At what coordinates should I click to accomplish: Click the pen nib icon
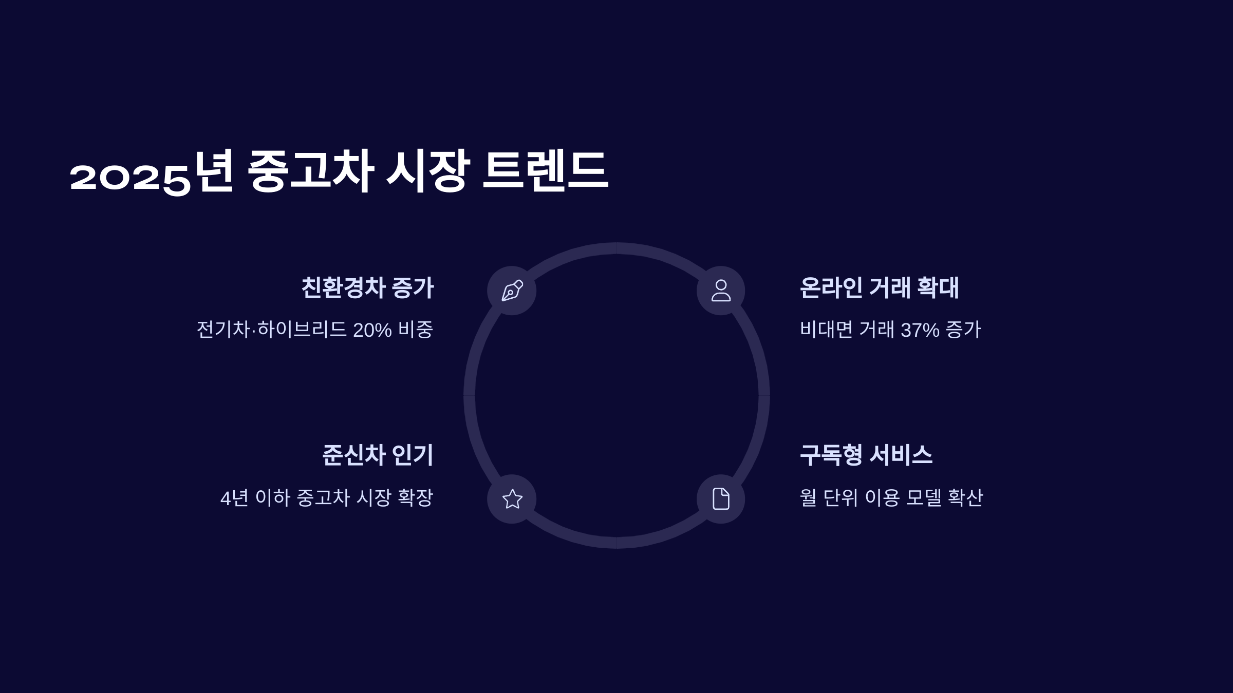pyautogui.click(x=512, y=291)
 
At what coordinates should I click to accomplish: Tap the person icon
pyautogui.click(x=721, y=291)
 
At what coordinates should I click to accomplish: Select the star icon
pyautogui.click(x=512, y=499)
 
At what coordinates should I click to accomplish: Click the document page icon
pyautogui.click(x=721, y=499)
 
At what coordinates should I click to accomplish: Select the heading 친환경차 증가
pyautogui.click(x=367, y=287)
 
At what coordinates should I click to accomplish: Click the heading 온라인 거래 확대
pyautogui.click(x=879, y=287)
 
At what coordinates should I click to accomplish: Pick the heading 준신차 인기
pyautogui.click(x=378, y=455)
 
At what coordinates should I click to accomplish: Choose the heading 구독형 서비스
pyautogui.click(x=866, y=455)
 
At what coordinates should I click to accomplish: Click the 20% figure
pyautogui.click(x=372, y=330)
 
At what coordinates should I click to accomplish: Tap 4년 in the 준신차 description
pyautogui.click(x=234, y=498)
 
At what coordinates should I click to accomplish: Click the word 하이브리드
pyautogui.click(x=302, y=330)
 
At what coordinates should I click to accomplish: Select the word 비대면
pyautogui.click(x=826, y=330)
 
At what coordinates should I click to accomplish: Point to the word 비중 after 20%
pyautogui.click(x=416, y=330)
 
